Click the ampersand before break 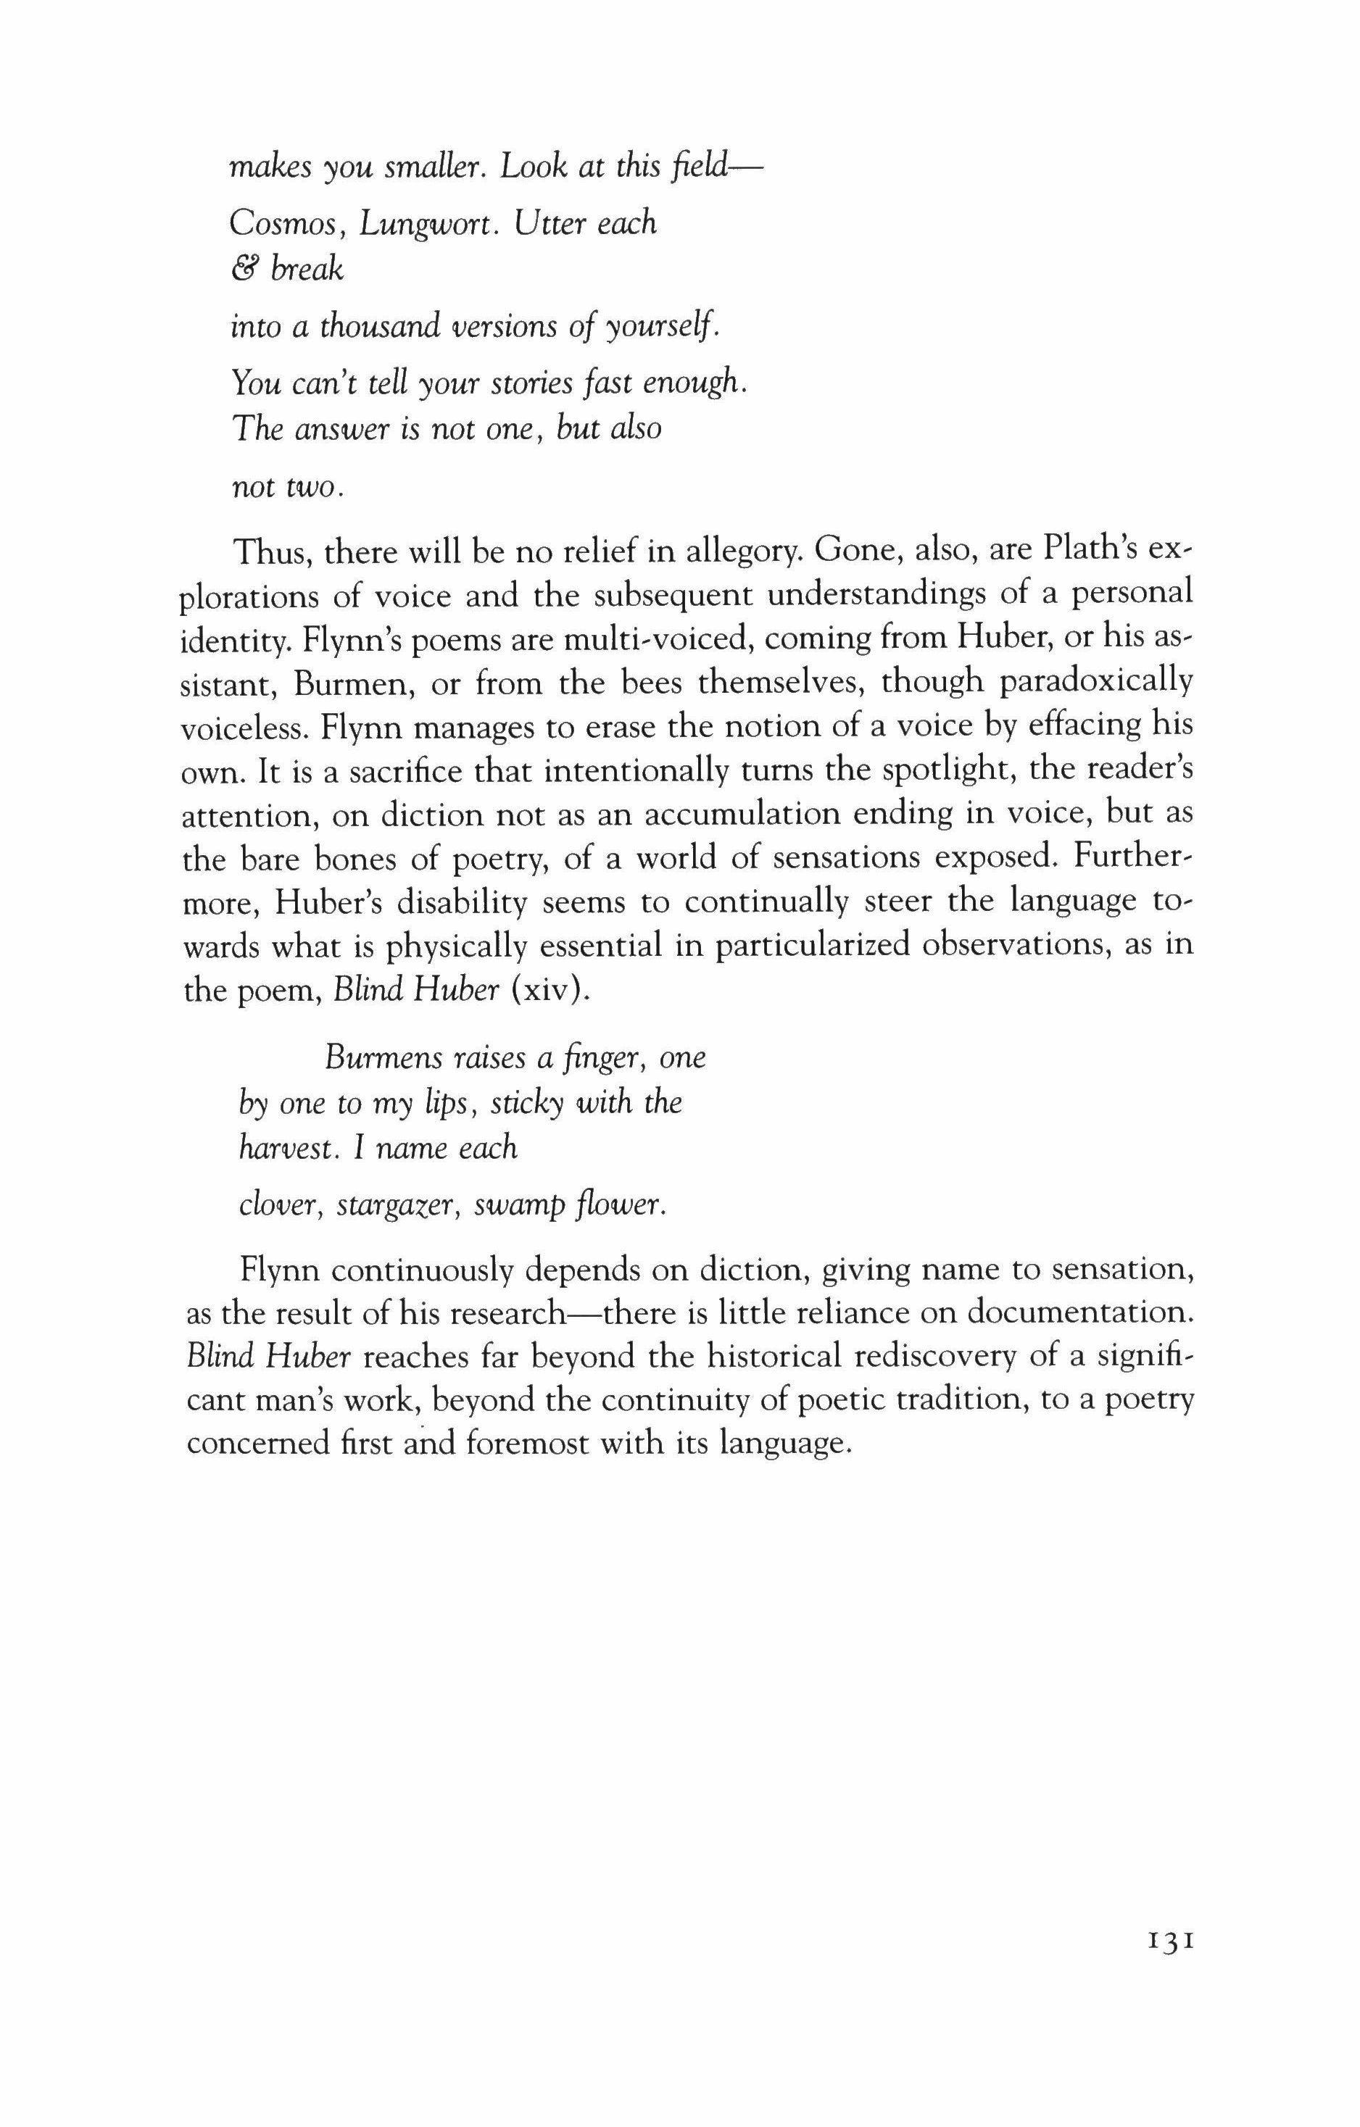click(241, 270)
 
